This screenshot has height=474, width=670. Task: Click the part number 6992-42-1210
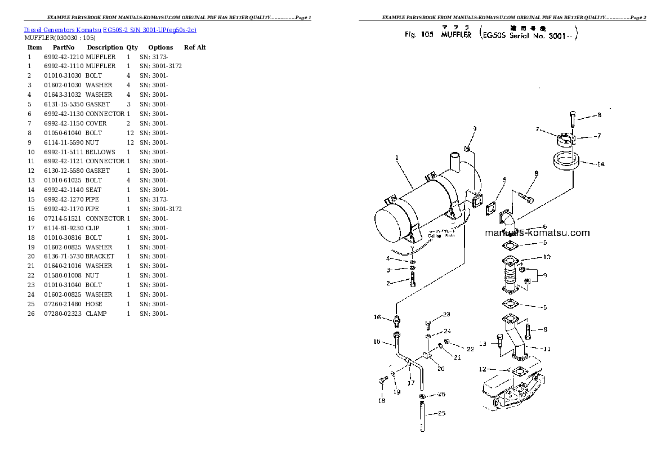point(64,57)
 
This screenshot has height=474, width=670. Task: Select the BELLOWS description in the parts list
point(100,152)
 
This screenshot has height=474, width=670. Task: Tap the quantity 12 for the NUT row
point(129,142)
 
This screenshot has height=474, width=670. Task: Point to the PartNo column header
point(64,48)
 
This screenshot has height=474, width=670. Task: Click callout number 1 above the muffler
point(396,158)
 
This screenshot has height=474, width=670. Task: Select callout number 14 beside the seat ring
point(601,164)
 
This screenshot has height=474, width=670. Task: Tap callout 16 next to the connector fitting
point(378,318)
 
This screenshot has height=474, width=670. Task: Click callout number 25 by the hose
point(441,414)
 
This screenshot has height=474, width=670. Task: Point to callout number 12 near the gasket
point(482,369)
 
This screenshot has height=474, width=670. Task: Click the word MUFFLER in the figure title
point(456,35)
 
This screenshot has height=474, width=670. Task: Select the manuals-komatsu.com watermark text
point(537,233)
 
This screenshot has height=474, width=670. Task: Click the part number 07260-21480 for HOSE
point(64,304)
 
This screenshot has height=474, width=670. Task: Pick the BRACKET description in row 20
point(100,256)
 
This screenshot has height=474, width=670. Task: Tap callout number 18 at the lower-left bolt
point(381,401)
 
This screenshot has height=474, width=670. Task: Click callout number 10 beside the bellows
point(546,258)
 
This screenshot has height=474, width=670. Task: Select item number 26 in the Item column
point(31,314)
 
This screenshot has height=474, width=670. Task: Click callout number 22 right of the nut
point(470,349)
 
